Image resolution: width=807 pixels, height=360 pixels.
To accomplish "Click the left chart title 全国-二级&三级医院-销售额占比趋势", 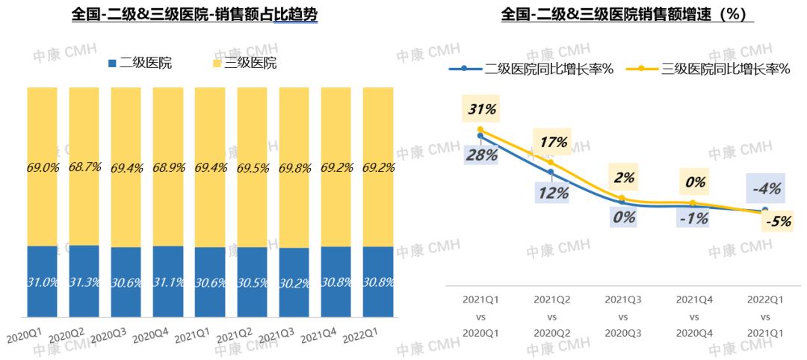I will (x=195, y=16).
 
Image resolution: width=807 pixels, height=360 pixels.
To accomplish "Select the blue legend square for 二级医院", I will (x=113, y=63).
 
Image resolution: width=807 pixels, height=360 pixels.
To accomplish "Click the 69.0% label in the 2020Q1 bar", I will (x=43, y=167).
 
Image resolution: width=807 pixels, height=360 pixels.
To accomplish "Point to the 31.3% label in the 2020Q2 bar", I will (x=84, y=282).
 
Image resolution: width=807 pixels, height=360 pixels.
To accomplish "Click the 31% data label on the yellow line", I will (x=481, y=109).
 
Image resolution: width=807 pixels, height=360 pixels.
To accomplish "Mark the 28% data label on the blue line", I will (x=481, y=155).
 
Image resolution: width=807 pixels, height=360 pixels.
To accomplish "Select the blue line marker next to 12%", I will (x=551, y=173).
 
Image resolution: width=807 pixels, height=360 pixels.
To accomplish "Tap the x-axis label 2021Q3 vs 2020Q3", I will (x=622, y=315).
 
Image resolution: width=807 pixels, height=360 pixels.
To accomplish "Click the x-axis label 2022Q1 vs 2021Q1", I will (x=764, y=315).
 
